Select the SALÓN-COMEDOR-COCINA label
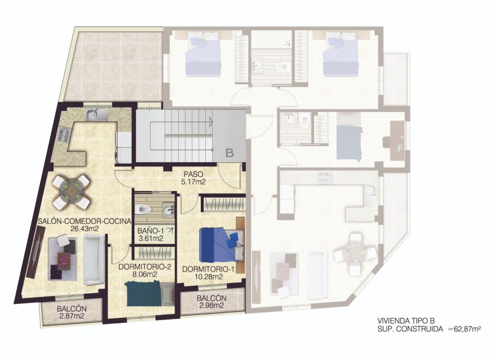(84, 221)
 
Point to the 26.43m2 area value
(84, 229)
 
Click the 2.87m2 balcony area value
(71, 317)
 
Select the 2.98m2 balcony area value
(211, 306)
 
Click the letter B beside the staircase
(229, 152)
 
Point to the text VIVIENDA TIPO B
(406, 320)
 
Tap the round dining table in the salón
(71, 191)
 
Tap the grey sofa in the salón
(93, 260)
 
